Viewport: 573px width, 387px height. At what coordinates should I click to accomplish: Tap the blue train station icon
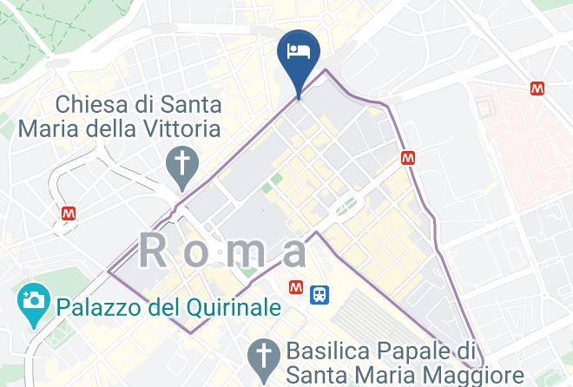pyautogui.click(x=321, y=293)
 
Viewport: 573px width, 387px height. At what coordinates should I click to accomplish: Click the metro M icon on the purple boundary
pyautogui.click(x=408, y=159)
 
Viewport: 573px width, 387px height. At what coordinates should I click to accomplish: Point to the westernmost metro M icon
pyautogui.click(x=69, y=212)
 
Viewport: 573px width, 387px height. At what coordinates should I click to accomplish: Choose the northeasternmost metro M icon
pyautogui.click(x=538, y=88)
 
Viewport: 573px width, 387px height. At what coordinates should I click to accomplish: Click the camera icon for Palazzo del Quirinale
pyautogui.click(x=33, y=304)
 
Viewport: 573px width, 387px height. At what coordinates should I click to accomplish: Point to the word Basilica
pyautogui.click(x=327, y=352)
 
